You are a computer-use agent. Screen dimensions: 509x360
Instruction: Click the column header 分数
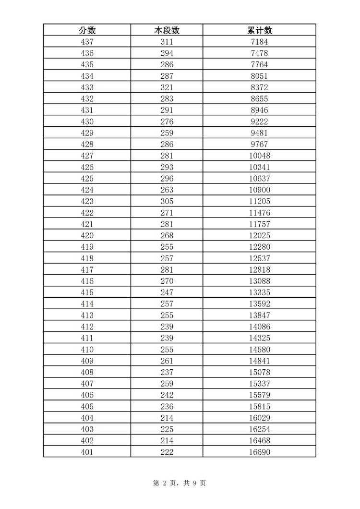point(87,30)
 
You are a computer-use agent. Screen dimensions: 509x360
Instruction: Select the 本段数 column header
point(167,30)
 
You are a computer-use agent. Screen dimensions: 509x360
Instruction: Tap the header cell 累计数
point(259,30)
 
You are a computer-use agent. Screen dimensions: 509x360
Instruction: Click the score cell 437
point(87,42)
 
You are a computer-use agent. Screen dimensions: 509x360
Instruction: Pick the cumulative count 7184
point(259,42)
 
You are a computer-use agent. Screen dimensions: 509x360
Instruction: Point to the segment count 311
point(167,42)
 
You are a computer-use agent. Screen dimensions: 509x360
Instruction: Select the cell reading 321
point(167,87)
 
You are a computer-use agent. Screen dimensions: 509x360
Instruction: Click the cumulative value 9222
point(259,121)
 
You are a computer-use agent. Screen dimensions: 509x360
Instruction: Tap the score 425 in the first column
point(87,179)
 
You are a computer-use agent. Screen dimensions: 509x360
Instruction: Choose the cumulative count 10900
point(259,190)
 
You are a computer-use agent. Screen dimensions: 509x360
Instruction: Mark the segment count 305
point(167,201)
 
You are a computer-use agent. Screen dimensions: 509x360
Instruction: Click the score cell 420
point(87,235)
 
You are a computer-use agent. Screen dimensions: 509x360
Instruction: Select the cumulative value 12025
point(259,235)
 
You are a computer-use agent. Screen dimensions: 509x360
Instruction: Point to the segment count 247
point(167,292)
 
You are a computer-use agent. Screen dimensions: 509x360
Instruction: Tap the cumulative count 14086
point(259,327)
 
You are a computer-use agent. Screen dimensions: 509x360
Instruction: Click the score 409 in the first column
point(87,361)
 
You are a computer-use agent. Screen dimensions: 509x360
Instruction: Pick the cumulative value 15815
point(259,406)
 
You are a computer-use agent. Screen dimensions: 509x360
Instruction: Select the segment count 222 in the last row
point(167,452)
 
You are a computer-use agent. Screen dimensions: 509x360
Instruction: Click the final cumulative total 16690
point(259,452)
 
